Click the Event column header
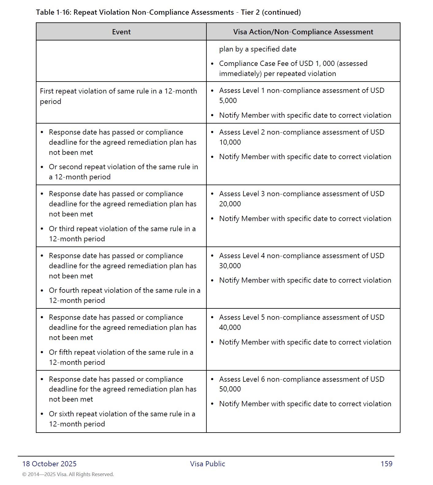pos(121,32)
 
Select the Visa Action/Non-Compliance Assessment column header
pos(303,32)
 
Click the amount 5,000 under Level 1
pos(228,101)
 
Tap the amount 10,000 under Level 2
pos(230,142)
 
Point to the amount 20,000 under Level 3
pos(230,204)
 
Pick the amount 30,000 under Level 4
pos(230,266)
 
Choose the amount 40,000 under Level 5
pos(230,327)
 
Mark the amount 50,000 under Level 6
pos(230,389)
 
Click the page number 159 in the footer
pos(386,464)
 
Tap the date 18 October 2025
pos(49,464)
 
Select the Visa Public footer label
pos(207,464)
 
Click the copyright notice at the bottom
pos(68,475)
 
